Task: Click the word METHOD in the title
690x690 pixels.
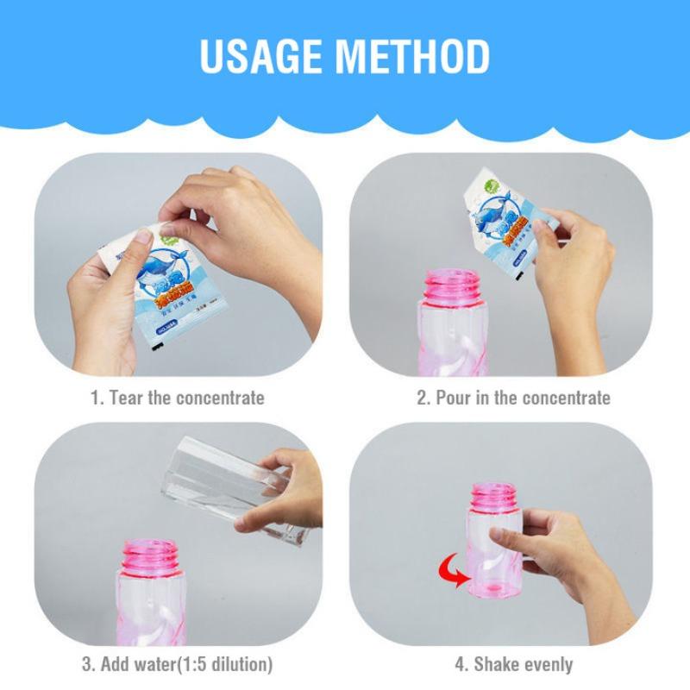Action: (413, 56)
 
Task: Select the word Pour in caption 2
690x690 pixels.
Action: (454, 398)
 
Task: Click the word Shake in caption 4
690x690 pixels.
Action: (495, 664)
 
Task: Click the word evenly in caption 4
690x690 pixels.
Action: (546, 664)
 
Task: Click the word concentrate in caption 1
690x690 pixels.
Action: (220, 398)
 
